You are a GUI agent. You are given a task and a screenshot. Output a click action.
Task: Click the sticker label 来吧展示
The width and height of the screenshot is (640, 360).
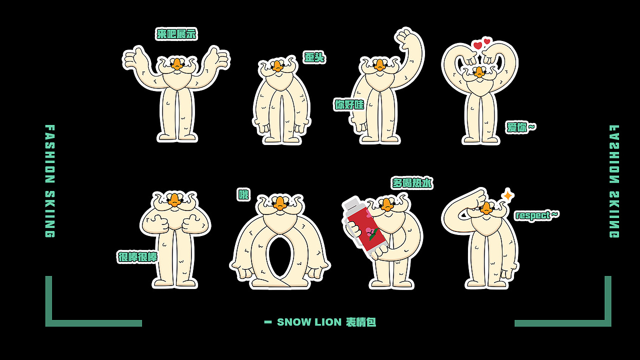point(176,34)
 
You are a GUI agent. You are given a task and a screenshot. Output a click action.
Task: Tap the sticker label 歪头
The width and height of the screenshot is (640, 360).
point(314,57)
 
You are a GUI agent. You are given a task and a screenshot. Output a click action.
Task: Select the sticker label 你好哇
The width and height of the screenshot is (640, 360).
point(349,104)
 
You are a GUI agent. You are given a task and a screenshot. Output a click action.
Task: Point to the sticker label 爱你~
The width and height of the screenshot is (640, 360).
point(520,127)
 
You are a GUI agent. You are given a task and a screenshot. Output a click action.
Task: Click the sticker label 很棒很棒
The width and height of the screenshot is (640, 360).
point(137,257)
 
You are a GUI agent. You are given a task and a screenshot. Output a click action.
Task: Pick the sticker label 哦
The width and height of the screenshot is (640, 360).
point(243,195)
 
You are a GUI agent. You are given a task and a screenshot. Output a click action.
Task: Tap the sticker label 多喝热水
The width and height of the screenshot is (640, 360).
point(412,183)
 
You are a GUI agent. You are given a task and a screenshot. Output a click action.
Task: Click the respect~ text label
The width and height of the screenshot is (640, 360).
point(536,215)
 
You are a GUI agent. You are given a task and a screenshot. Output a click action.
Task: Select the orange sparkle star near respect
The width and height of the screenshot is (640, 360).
point(508,195)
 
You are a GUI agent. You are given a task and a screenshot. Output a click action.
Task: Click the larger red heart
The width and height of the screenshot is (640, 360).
point(477,45)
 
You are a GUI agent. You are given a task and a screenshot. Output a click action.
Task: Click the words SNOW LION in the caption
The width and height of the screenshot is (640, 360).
point(309,322)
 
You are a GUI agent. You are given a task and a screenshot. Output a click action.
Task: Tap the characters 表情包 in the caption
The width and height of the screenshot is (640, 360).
point(361,322)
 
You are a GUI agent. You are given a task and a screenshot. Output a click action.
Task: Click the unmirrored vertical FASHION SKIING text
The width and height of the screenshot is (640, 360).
point(50,181)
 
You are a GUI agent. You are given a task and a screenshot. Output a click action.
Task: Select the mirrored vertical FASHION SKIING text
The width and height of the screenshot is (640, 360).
point(614,181)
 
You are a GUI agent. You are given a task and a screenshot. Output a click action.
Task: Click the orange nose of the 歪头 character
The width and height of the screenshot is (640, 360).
point(277,66)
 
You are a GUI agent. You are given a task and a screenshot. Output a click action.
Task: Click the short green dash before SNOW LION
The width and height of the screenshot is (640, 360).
point(268,322)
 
